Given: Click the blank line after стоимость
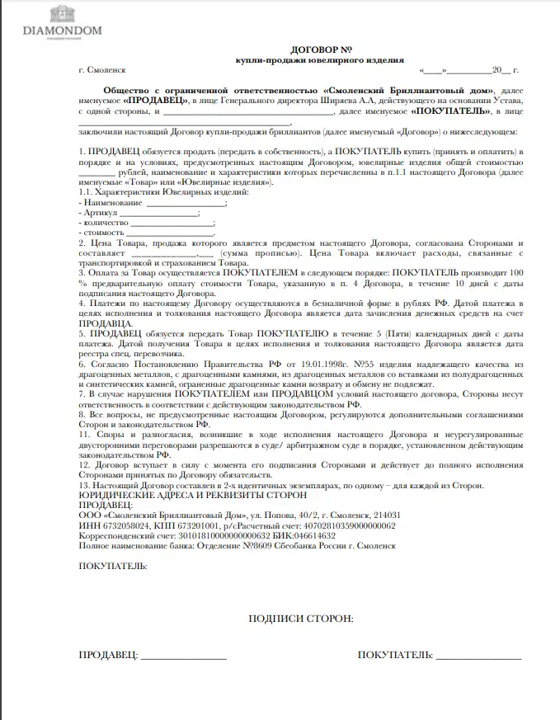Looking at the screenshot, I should pos(168,233).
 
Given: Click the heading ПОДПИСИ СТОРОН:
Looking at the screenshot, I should pos(300,618).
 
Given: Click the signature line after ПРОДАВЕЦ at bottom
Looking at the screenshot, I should pos(184,657).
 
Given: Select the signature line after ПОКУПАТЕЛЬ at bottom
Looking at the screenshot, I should pos(478,657).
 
